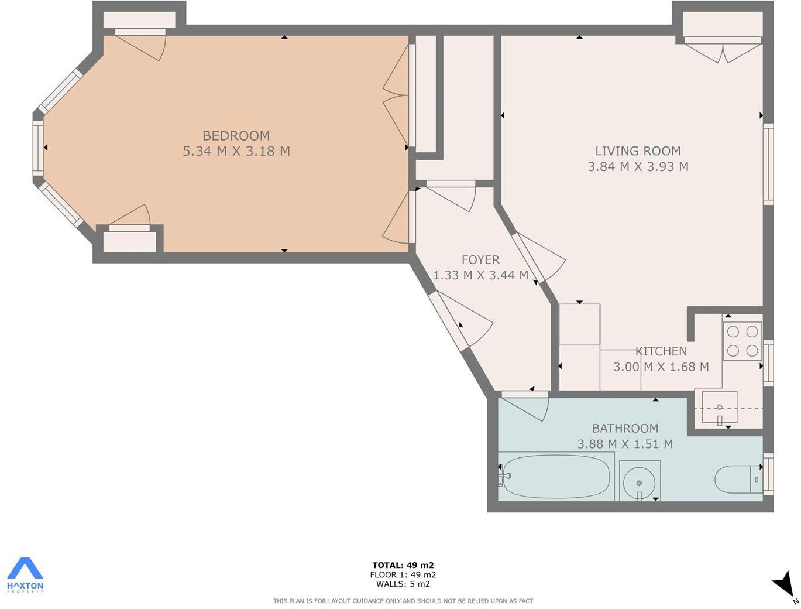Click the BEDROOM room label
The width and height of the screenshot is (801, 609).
[236, 136]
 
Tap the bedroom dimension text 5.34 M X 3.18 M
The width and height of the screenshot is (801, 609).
[236, 151]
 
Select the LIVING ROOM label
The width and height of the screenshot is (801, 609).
[638, 151]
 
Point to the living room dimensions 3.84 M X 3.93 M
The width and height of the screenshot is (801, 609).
[638, 166]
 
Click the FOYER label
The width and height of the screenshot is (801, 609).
[480, 259]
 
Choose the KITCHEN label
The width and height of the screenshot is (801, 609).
[661, 351]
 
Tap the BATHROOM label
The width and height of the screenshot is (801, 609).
[625, 428]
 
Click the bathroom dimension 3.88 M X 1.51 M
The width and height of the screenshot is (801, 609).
[625, 444]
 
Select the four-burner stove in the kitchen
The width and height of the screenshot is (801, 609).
[742, 341]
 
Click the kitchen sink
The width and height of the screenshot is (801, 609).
[719, 407]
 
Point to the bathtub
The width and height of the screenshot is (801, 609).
[556, 477]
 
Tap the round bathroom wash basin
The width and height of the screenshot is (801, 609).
[639, 482]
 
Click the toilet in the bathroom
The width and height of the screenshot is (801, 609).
[736, 480]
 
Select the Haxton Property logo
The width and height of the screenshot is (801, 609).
[25, 574]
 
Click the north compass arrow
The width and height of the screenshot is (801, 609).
[784, 584]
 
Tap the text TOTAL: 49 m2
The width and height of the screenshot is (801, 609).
[403, 565]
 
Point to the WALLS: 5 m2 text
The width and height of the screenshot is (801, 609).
[403, 584]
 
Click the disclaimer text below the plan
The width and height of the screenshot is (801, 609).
[403, 601]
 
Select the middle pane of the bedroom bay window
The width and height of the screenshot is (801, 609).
[38, 148]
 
